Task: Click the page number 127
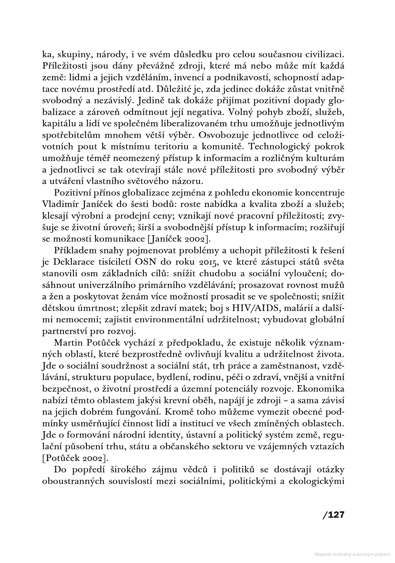pyautogui.click(x=333, y=515)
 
